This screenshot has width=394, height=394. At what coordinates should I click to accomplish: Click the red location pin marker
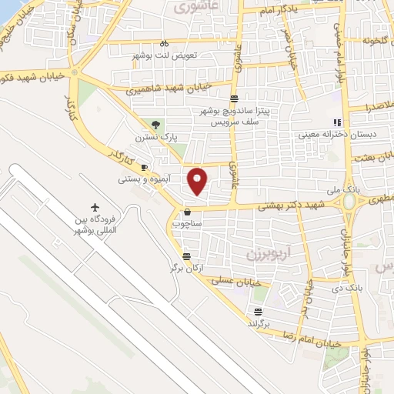click(198, 181)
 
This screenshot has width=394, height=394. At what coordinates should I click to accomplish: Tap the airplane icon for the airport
click(95, 207)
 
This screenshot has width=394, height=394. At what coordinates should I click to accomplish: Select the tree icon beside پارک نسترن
click(157, 124)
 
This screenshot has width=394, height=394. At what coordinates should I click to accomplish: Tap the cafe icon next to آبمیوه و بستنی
click(144, 167)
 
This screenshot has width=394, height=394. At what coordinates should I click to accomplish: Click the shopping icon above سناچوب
click(187, 212)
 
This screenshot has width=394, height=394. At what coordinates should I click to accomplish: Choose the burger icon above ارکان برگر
click(186, 257)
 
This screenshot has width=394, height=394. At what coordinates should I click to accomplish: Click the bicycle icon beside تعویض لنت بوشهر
click(164, 44)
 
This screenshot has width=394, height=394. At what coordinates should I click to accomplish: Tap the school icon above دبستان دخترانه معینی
click(336, 122)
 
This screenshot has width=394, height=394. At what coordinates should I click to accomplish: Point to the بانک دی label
click(346, 288)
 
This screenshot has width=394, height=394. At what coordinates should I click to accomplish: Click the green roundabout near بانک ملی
click(351, 202)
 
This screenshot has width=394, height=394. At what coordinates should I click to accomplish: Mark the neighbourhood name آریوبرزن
click(260, 252)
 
